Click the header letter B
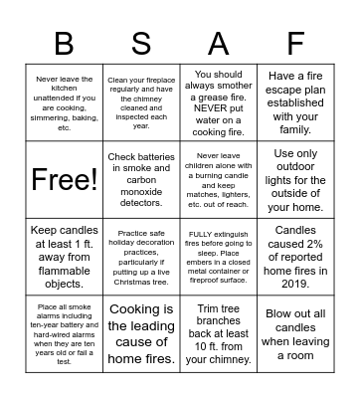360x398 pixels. pyautogui.click(x=64, y=43)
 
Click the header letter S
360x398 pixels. pyautogui.click(x=140, y=43)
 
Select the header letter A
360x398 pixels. pyautogui.click(x=218, y=43)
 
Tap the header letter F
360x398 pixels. pyautogui.click(x=295, y=43)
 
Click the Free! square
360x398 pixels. pyautogui.click(x=64, y=179)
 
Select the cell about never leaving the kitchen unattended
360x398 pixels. pyautogui.click(x=64, y=102)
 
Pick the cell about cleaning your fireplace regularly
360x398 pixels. pyautogui.click(x=140, y=102)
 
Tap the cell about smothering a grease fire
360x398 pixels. pyautogui.click(x=218, y=102)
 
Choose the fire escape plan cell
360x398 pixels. pyautogui.click(x=295, y=102)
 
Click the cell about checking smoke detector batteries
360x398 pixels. pyautogui.click(x=140, y=179)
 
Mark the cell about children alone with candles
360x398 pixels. pyautogui.click(x=218, y=179)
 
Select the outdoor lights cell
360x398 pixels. pyautogui.click(x=295, y=179)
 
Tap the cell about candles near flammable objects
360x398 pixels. pyautogui.click(x=64, y=257)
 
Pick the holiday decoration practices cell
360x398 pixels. pyautogui.click(x=140, y=257)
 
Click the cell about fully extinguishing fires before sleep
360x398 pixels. pyautogui.click(x=218, y=257)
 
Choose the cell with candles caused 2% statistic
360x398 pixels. pyautogui.click(x=295, y=257)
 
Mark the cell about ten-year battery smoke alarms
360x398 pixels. pyautogui.click(x=64, y=333)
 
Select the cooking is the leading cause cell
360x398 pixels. pyautogui.click(x=140, y=333)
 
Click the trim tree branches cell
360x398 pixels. pyautogui.click(x=218, y=333)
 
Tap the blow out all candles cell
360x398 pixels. pyautogui.click(x=295, y=333)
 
